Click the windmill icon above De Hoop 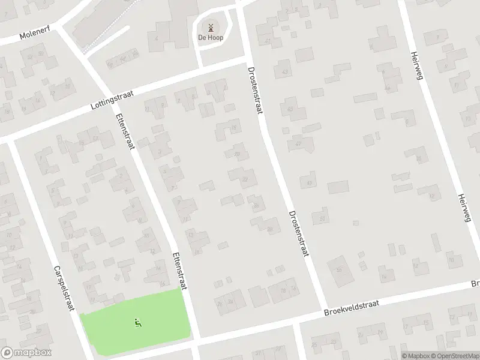pos(211,27)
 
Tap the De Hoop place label pos(211,37)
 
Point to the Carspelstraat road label pos(63,288)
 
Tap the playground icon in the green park pos(138,323)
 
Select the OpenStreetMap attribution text pos(454,355)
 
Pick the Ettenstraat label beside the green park pos(178,270)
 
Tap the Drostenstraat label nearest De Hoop pos(254,90)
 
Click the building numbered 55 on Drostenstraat pos(340,269)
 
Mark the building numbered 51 pos(323,218)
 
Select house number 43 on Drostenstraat pos(284,71)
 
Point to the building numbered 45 pos(291,109)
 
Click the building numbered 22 pos(245,178)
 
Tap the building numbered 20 pos(238,154)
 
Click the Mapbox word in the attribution pos(415,355)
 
